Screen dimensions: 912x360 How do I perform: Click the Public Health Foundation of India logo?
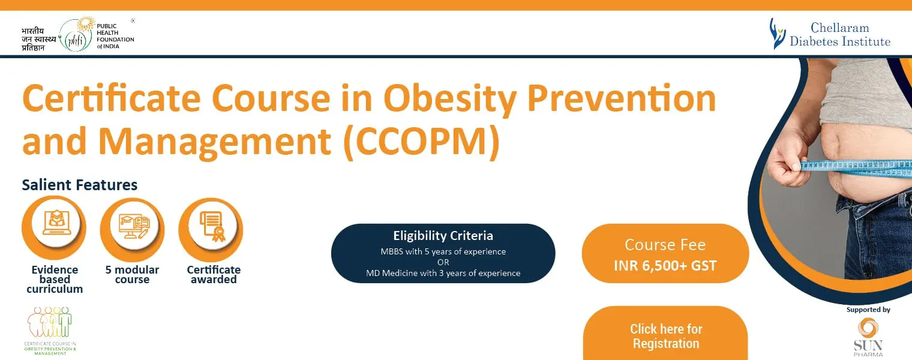click(x=78, y=35)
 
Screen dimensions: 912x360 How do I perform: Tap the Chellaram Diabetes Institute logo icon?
click(x=777, y=34)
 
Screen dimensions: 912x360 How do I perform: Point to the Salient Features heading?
click(x=80, y=185)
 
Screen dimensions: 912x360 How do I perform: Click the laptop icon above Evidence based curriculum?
click(x=56, y=223)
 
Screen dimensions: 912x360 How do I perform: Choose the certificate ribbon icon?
click(x=212, y=226)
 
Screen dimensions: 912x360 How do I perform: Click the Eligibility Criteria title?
click(x=443, y=235)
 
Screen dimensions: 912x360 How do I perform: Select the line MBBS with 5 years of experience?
click(x=443, y=251)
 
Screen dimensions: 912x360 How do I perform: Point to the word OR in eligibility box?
click(x=443, y=262)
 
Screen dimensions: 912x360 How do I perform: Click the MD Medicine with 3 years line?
click(x=443, y=273)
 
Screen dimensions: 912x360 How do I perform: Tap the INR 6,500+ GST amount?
click(x=665, y=266)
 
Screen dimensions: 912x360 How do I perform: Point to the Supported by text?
click(x=868, y=310)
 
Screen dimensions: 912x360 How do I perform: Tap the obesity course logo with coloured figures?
click(x=50, y=331)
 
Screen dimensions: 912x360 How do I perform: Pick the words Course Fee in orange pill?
click(x=665, y=245)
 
